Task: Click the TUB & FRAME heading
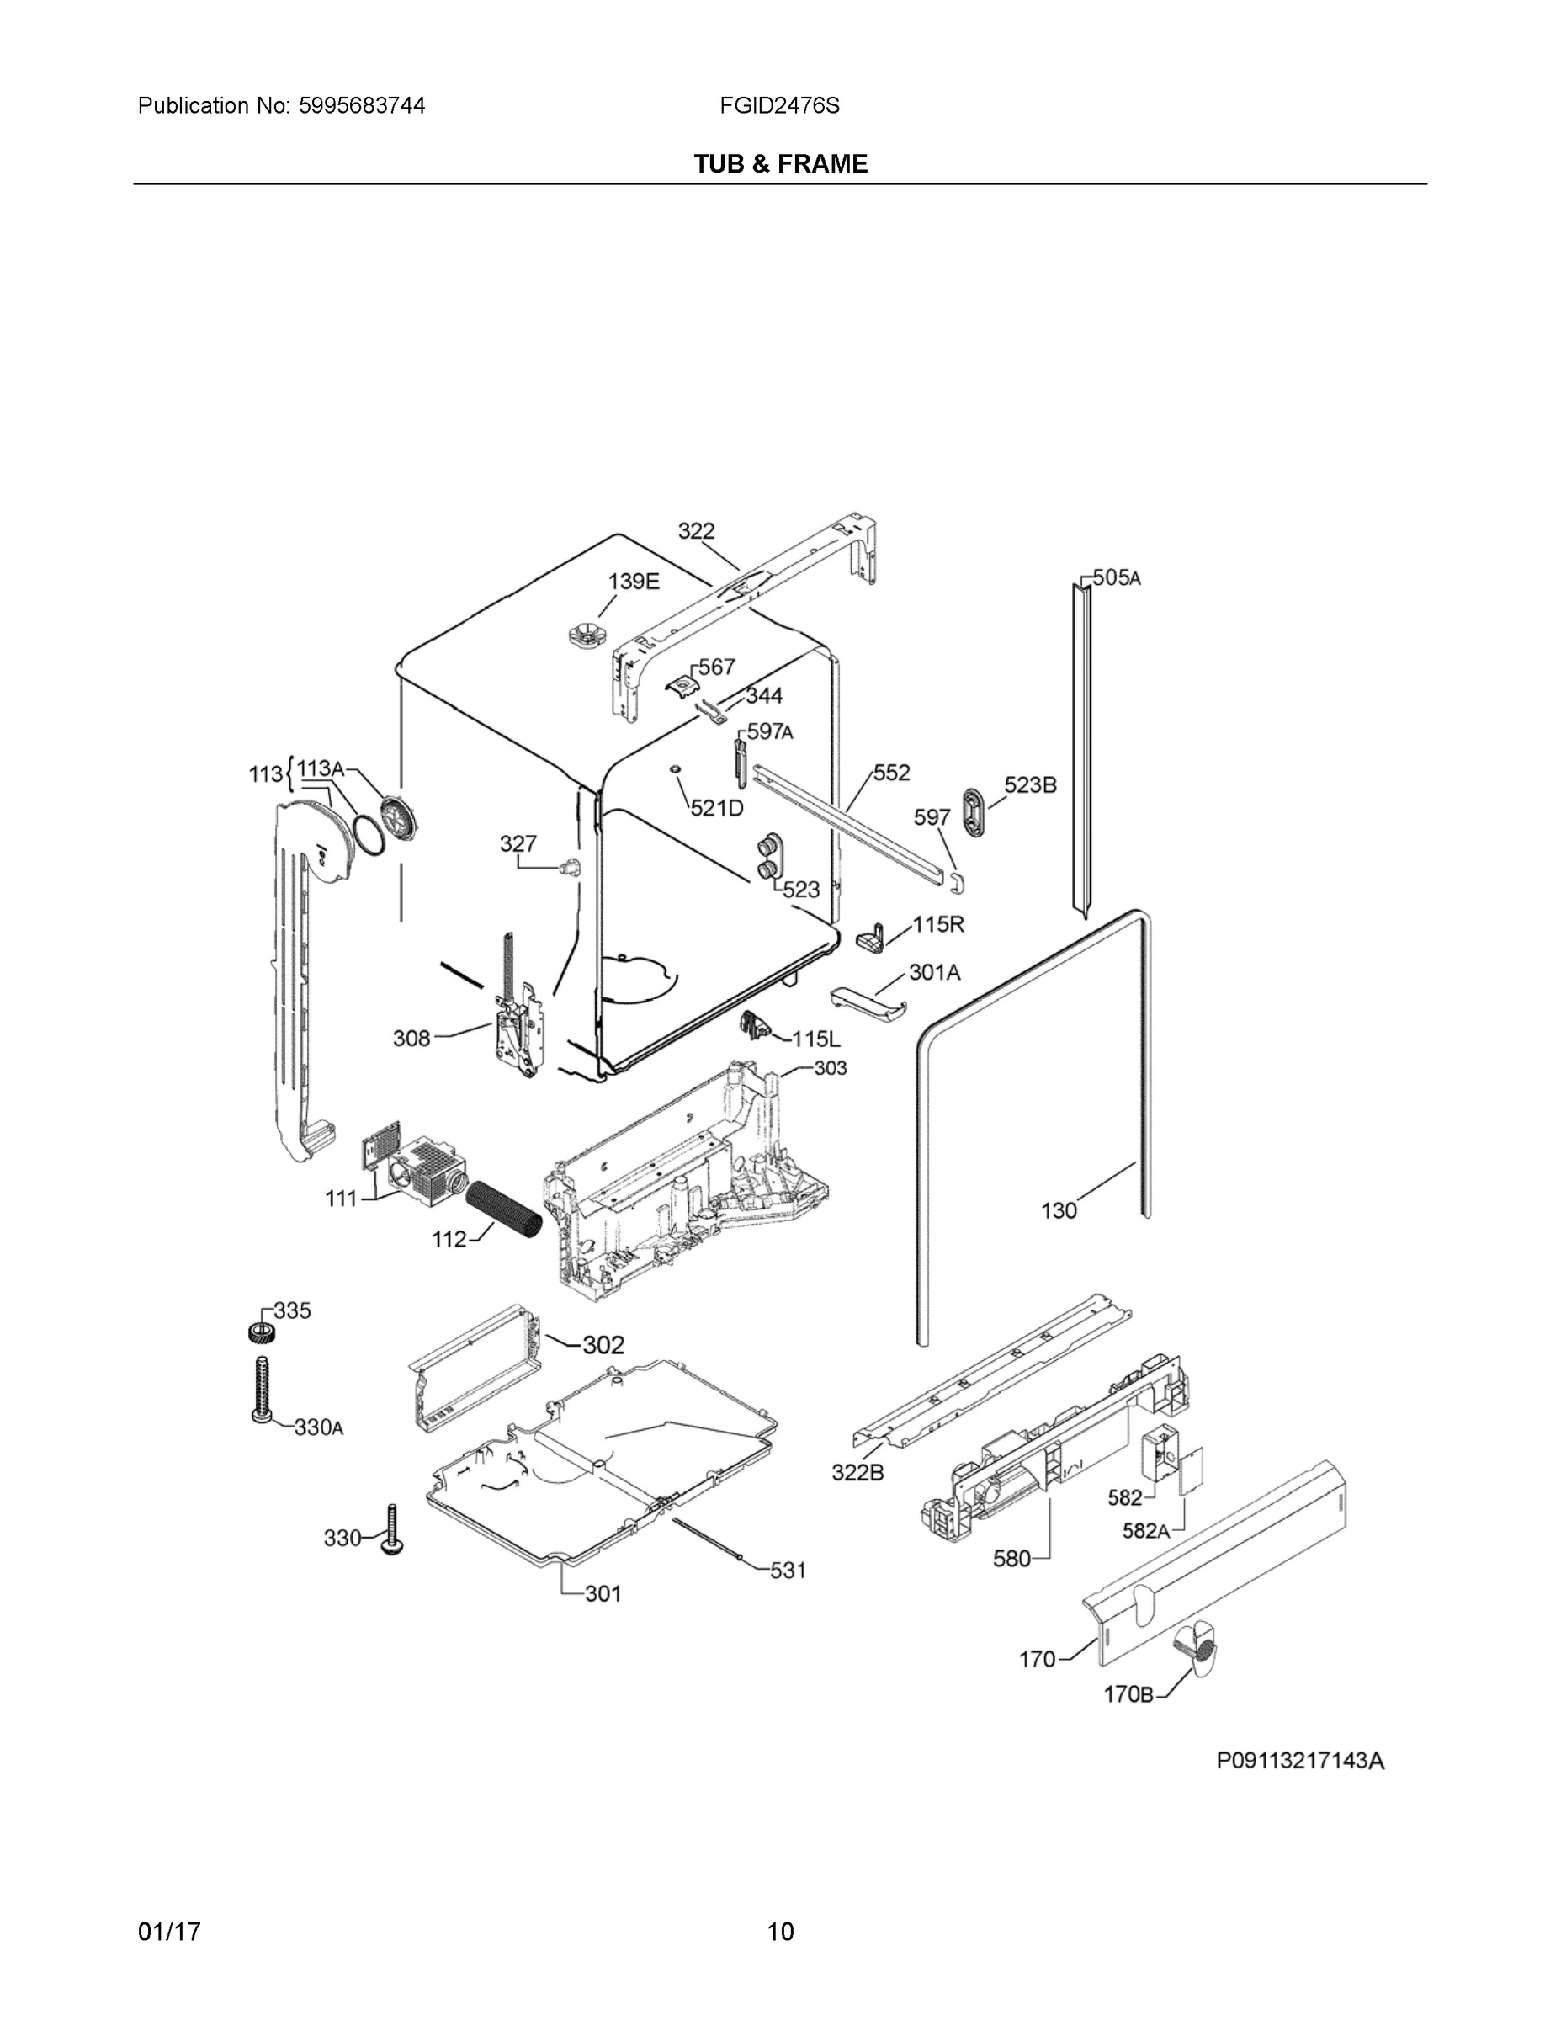[x=781, y=164]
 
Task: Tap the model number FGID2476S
[x=779, y=106]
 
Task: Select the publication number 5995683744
[x=362, y=106]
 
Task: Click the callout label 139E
[x=634, y=581]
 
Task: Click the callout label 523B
[x=1030, y=784]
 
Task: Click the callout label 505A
[x=1118, y=578]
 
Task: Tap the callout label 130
[x=1059, y=1209]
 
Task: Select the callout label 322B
[x=857, y=1471]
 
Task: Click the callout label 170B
[x=1128, y=1694]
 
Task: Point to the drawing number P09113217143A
[x=1299, y=1761]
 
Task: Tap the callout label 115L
[x=816, y=1039]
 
